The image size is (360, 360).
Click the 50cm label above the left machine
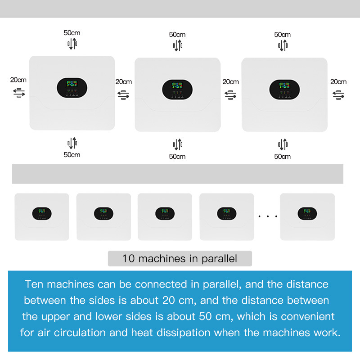tap(72, 32)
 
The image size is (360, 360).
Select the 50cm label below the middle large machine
tap(177, 157)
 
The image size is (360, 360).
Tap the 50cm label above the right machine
tap(283, 34)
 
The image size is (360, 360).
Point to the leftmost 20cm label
tap(18, 80)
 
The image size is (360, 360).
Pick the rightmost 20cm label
tap(338, 81)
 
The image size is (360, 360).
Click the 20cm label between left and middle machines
tap(124, 81)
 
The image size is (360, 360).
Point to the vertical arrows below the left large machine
tap(72, 143)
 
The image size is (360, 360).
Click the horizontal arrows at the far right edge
tap(338, 94)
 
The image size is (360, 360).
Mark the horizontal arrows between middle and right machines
tap(230, 94)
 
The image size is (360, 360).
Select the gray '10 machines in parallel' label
tap(180, 259)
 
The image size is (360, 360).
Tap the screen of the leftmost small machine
tap(42, 213)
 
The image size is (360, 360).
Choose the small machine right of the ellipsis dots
tap(307, 217)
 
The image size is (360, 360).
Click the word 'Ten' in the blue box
tap(35, 284)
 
